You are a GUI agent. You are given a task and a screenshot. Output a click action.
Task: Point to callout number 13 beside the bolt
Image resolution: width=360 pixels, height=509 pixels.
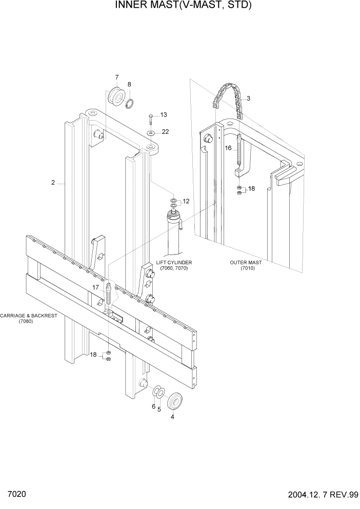(x=164, y=114)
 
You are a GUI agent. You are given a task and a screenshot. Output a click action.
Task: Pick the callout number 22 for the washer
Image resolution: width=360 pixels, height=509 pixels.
(x=165, y=132)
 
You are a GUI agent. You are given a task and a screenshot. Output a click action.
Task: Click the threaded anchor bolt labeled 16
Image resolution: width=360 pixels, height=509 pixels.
(x=239, y=154)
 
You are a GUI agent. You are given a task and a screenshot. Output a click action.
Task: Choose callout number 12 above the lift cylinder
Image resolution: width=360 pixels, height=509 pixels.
(x=186, y=201)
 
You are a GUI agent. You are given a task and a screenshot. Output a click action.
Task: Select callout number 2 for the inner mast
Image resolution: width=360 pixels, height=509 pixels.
(x=53, y=182)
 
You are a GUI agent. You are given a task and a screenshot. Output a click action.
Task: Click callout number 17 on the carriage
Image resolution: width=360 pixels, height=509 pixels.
(x=95, y=287)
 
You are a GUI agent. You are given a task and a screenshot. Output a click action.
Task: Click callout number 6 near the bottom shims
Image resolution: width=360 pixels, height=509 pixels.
(x=153, y=406)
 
